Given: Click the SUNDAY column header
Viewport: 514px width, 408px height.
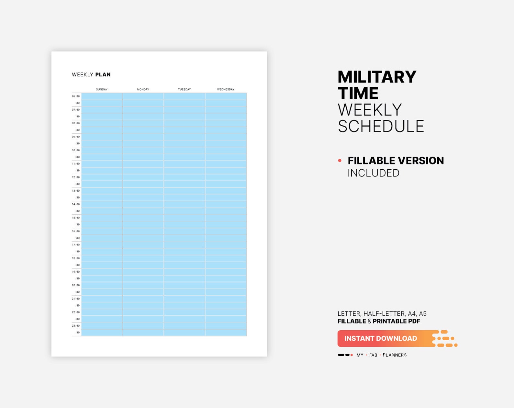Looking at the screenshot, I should coord(102,89).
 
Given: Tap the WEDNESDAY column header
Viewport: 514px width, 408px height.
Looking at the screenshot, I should coord(226,89).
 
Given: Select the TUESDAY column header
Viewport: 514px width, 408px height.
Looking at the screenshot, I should coord(184,89).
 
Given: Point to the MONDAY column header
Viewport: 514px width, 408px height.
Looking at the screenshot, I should coord(143,89).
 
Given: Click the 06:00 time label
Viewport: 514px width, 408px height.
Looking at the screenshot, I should coord(76,96).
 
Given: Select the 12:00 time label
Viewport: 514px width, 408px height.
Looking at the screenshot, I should coord(76,177).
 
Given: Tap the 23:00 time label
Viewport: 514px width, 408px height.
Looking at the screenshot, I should coord(76,326).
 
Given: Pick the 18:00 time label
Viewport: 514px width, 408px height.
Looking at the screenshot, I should coord(76,258).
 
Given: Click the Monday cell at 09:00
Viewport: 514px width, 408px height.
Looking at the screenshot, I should coord(143,137).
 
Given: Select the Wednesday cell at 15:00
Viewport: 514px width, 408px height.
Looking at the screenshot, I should coord(226,218).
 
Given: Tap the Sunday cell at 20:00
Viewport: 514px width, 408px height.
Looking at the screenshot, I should coord(102,285).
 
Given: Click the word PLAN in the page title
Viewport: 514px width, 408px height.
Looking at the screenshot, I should coord(103,74).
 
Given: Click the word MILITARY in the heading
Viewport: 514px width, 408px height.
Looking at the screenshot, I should coord(377,77).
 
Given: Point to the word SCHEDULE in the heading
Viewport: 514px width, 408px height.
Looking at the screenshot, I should coord(381,126).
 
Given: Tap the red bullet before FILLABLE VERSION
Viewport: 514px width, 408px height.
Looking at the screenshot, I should coord(340,161).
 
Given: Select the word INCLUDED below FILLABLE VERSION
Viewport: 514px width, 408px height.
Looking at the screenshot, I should coord(373,173).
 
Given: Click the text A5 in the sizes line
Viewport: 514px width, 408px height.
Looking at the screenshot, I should coord(423,313).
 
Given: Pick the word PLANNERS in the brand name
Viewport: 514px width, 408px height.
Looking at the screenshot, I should coord(395,355).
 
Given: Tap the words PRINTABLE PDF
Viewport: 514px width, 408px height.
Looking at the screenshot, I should coord(396,321).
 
